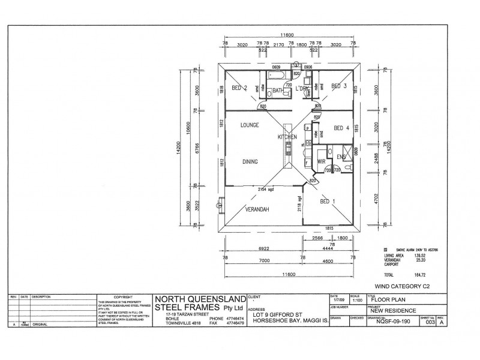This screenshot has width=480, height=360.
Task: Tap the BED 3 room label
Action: click(x=340, y=86)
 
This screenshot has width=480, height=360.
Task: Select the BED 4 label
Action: click(x=342, y=128)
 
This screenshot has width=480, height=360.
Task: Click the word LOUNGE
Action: click(x=249, y=125)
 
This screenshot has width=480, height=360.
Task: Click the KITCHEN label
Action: click(x=287, y=137)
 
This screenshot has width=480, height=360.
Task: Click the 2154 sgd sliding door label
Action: click(x=266, y=189)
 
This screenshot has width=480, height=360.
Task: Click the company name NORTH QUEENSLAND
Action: click(x=200, y=299)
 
